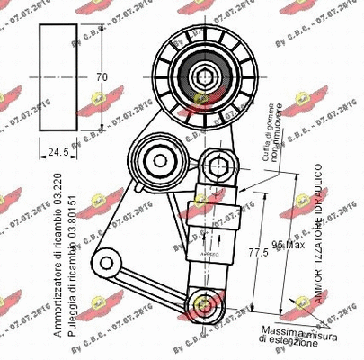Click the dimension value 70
pyautogui.click(x=102, y=77)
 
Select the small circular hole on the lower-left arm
pyautogui.click(x=111, y=263)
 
